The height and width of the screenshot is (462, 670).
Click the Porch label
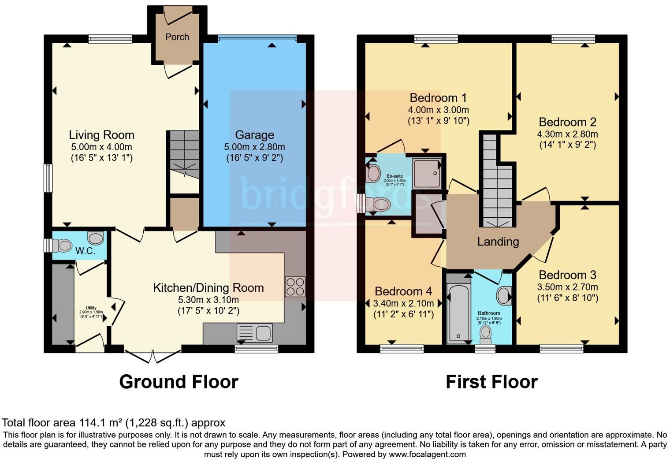177,37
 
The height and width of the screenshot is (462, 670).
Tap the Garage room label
254,135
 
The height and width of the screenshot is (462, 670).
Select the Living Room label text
101,135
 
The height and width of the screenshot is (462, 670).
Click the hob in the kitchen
295,286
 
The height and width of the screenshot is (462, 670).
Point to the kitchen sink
255,333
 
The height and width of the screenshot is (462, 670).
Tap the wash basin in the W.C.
96,238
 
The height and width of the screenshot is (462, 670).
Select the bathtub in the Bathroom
459,313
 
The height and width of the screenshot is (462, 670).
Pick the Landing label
498,242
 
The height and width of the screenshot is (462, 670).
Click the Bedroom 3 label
567,275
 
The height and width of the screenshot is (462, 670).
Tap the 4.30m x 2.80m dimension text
567,134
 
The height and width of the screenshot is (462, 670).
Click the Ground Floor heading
179,382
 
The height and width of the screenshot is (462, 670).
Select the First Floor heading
491,382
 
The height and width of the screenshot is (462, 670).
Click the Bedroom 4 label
403,291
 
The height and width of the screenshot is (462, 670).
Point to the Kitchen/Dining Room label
208,288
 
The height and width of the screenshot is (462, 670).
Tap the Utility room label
91,308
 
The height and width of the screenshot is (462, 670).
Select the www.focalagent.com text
427,454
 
